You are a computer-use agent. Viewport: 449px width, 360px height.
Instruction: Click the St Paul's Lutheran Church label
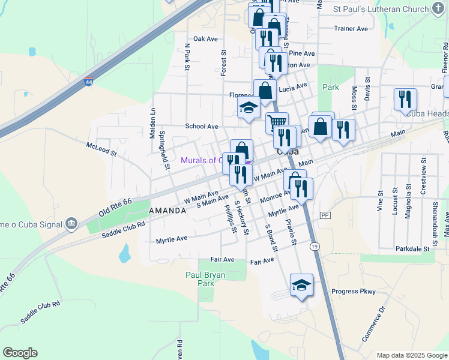tap(382, 9)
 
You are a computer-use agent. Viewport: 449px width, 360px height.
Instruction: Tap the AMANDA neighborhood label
tap(167, 211)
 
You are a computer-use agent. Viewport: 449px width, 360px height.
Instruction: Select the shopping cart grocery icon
tap(277, 122)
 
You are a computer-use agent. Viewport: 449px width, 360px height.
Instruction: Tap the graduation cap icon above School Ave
tap(248, 109)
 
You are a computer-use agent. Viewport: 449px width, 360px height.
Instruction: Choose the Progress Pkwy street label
tap(354, 292)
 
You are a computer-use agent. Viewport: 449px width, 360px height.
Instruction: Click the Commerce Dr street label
tap(372, 324)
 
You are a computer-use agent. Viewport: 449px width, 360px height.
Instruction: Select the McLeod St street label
tap(101, 149)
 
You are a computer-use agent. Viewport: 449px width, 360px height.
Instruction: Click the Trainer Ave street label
tap(351, 28)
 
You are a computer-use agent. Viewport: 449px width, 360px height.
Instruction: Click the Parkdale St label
tap(412, 248)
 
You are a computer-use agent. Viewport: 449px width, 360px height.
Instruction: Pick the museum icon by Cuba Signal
tap(71, 224)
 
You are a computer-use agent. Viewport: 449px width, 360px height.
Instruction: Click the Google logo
tap(20, 353)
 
